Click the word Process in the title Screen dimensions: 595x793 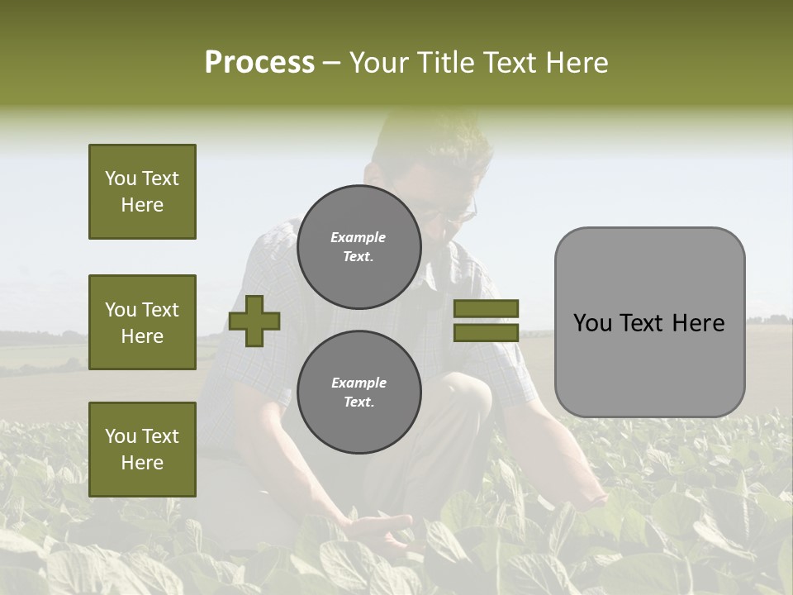click(x=259, y=62)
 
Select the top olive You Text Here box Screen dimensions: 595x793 click(x=142, y=192)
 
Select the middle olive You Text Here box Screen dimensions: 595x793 click(x=142, y=322)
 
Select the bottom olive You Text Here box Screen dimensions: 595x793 click(x=142, y=450)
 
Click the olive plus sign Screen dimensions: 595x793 click(x=254, y=321)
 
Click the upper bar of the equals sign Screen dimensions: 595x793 click(x=486, y=308)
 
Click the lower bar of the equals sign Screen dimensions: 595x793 click(x=486, y=332)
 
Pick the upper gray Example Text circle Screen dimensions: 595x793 click(x=359, y=247)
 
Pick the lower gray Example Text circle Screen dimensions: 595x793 click(x=359, y=392)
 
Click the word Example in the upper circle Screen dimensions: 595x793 click(x=358, y=237)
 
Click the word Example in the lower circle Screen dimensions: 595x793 click(x=359, y=383)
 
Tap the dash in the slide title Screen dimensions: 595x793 click(x=331, y=63)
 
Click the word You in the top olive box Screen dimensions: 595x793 click(x=120, y=178)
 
